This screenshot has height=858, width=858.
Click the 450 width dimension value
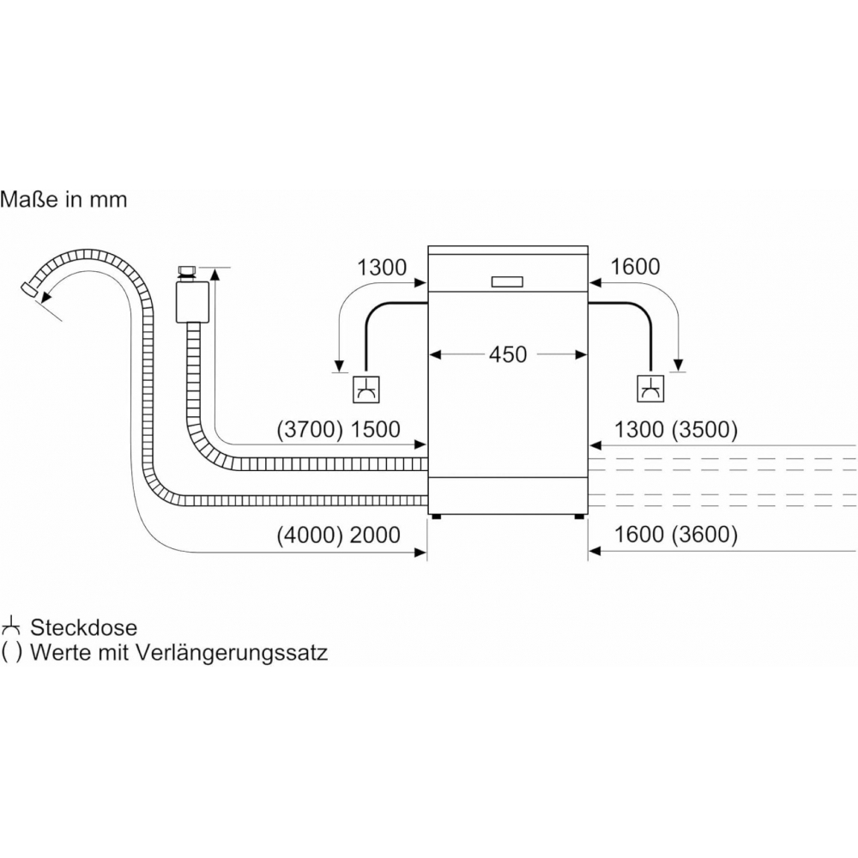tap(508, 354)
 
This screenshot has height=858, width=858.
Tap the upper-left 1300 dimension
tap(382, 268)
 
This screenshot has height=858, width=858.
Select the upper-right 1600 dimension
tap(635, 267)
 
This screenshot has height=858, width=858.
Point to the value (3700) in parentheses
tap(310, 430)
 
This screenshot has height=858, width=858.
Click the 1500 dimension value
tap(376, 430)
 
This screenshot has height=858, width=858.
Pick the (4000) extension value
tap(310, 535)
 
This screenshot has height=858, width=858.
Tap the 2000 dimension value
tap(376, 535)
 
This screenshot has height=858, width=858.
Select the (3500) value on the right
tap(704, 430)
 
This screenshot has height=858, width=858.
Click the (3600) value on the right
tap(704, 534)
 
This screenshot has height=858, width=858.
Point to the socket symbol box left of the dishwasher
tap(366, 390)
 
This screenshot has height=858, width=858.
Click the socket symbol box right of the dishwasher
tap(651, 389)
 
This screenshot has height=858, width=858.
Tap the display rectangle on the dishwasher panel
tap(507, 281)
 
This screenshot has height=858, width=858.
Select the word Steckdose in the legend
tap(84, 628)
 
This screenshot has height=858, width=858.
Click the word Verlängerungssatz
tap(232, 653)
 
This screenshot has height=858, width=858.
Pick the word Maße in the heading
tap(29, 199)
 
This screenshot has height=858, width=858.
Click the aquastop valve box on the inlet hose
tap(192, 302)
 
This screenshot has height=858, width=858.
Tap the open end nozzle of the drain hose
tap(28, 290)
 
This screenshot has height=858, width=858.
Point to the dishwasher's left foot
tap(436, 517)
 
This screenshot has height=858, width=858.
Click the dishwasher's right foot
tap(579, 517)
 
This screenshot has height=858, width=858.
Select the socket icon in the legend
tap(11, 626)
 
